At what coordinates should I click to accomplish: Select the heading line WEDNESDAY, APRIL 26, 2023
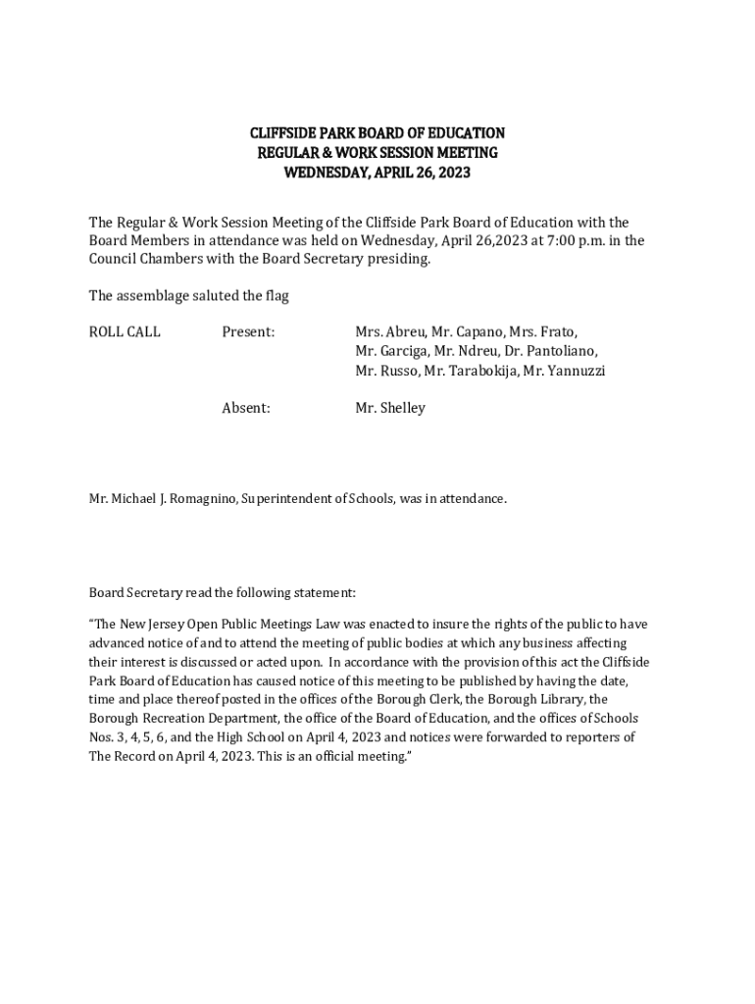[x=377, y=173]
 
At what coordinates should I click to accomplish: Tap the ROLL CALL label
[x=125, y=331]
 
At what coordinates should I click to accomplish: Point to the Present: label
[x=248, y=331]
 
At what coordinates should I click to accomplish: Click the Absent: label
[x=246, y=407]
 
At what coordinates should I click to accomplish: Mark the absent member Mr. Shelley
[x=390, y=407]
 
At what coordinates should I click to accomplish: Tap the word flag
[x=277, y=295]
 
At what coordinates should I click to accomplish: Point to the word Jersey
[x=173, y=625]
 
